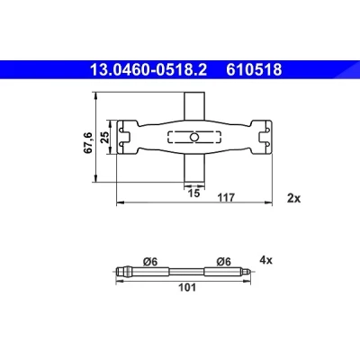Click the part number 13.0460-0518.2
(148, 70)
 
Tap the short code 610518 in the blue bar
(254, 70)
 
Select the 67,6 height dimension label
(88, 143)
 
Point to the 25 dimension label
(105, 137)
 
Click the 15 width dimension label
(194, 193)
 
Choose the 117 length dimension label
(226, 198)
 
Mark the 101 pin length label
(187, 287)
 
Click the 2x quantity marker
(293, 198)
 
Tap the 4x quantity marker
(265, 260)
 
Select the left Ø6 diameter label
(150, 262)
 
